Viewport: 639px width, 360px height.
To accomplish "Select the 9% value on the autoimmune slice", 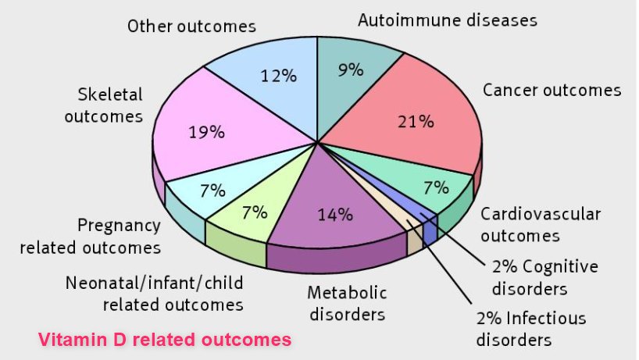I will (x=351, y=70).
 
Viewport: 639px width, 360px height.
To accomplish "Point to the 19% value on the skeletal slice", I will (x=206, y=132).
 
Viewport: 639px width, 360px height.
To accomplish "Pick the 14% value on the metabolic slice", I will (x=334, y=212).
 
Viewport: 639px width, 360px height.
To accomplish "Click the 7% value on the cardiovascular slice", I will (x=435, y=187).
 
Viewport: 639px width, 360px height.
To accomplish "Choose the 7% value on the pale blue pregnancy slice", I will (x=212, y=190).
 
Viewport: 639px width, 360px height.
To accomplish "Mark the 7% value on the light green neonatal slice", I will (x=255, y=212).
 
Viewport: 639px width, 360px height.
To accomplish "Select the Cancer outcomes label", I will (x=552, y=90).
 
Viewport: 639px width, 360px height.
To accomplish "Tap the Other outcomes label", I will (x=191, y=26).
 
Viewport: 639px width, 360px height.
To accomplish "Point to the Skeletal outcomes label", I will (x=110, y=105).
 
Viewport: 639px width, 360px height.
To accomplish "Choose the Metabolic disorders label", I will (x=346, y=304).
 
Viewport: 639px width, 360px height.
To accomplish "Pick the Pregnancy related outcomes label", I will (x=90, y=237).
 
